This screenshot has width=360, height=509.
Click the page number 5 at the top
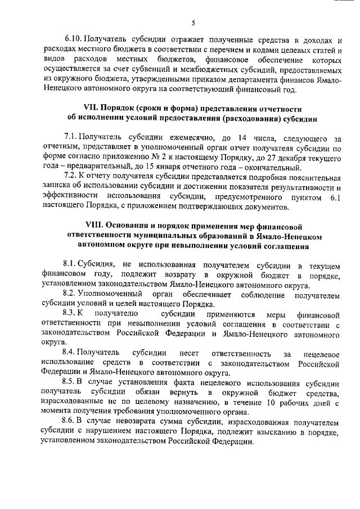[192, 22]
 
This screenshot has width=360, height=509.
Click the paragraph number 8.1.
[70, 265]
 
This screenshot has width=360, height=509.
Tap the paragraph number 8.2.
[70, 294]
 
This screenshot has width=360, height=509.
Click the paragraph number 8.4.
[70, 353]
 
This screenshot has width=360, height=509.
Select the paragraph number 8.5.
[70, 382]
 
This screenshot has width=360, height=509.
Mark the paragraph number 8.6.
[70, 421]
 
